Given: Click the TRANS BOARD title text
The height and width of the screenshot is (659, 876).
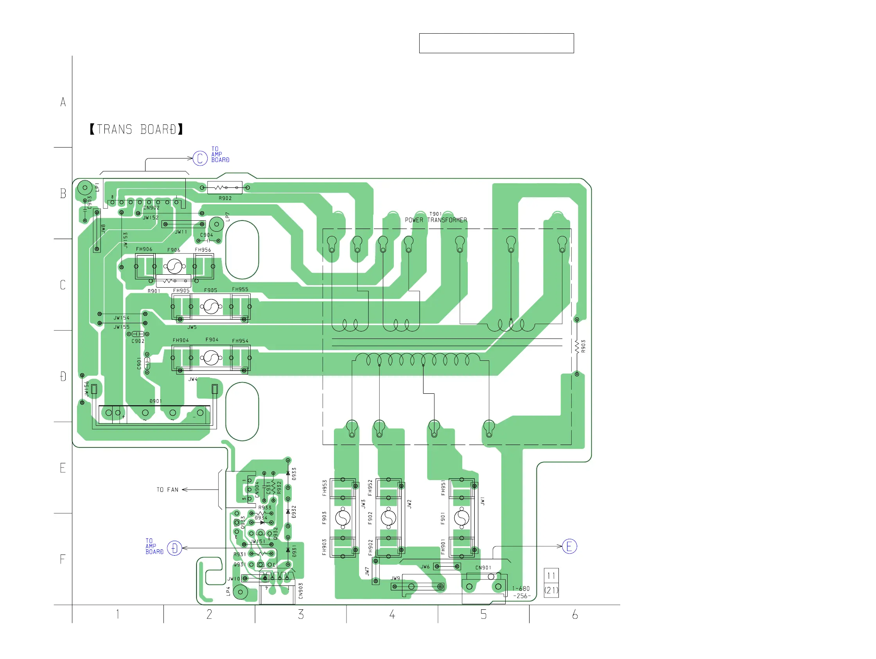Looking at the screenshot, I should coord(136,130).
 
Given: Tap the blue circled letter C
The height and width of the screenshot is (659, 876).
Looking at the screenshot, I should coord(200,158).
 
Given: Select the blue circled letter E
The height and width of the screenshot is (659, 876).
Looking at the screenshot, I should coord(569,546).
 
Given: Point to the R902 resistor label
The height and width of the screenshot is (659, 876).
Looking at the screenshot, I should coord(225,198).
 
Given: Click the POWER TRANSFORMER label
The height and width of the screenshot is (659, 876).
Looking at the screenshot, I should coord(436,220).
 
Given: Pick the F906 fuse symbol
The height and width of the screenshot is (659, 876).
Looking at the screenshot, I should coord(174,266).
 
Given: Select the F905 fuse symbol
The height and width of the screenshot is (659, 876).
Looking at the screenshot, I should coord(211,306).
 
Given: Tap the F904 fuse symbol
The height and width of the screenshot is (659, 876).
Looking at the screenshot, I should coord(211,358).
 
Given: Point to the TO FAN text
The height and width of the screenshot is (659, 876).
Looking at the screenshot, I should coord(167,490).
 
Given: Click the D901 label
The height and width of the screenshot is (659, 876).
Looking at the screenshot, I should coord(156,401).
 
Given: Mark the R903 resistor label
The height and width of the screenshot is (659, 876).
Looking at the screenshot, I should coord(583,346).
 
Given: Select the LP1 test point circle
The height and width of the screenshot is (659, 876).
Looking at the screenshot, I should coord(85,187).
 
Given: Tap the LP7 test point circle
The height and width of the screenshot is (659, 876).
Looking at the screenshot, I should coord(216,224).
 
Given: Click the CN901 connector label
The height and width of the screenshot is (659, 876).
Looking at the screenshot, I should coord(483,567).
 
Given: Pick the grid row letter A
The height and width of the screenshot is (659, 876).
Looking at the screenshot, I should coord(63,102).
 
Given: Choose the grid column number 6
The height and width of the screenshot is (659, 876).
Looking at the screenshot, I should coord(574,615).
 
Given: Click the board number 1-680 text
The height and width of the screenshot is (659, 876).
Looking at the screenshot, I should coord(521,589).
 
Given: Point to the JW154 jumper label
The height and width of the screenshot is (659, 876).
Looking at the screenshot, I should coord(121,318).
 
